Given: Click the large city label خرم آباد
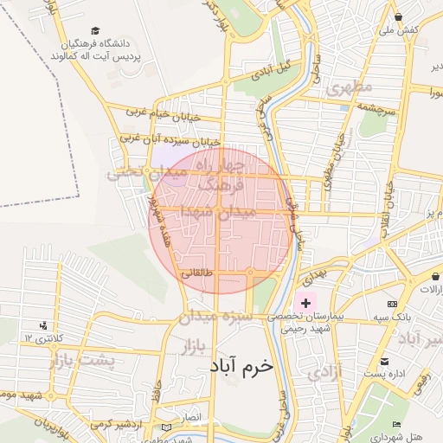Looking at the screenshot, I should pyautogui.click(x=241, y=366).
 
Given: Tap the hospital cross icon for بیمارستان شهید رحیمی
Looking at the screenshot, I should pyautogui.click(x=305, y=302).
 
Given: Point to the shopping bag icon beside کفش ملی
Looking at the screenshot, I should pyautogui.click(x=397, y=16).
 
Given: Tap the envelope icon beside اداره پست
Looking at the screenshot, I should pyautogui.click(x=384, y=362).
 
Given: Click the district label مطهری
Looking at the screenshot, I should pyautogui.click(x=348, y=87).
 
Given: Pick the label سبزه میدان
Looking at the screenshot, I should pyautogui.click(x=215, y=318).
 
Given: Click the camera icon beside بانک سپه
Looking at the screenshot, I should pyautogui.click(x=393, y=305).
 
